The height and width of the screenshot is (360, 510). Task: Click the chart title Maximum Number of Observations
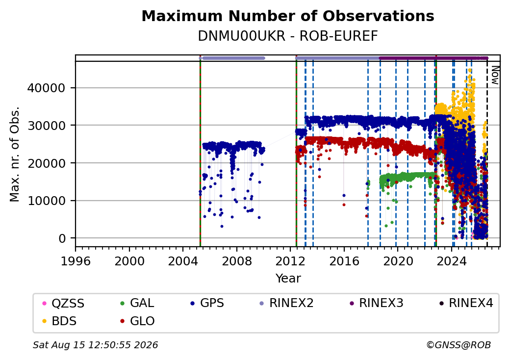(288, 16)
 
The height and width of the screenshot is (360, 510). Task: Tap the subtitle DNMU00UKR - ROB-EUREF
(288, 36)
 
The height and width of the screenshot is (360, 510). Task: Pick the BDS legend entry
(60, 321)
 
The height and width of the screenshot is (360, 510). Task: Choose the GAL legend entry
(137, 303)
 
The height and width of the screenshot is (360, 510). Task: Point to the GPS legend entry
(207, 303)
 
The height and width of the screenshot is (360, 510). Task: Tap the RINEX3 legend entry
(376, 303)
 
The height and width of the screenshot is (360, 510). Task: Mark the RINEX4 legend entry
(466, 303)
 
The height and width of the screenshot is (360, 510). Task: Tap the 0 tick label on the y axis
(62, 238)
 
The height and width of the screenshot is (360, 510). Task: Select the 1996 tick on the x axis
(76, 261)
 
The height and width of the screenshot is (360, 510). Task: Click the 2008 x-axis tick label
(237, 261)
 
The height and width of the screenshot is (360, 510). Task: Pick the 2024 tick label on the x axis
(452, 261)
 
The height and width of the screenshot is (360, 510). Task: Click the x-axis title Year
(288, 279)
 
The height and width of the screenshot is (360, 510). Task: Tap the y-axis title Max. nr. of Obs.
(15, 154)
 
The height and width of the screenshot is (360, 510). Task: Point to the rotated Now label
(495, 75)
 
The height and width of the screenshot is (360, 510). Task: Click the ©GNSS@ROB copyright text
(459, 345)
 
